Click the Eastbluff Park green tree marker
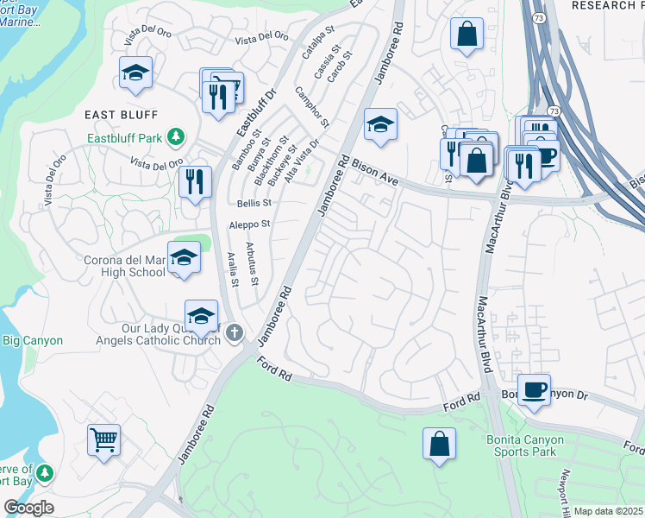click(x=176, y=136)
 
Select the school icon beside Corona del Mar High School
click(x=184, y=258)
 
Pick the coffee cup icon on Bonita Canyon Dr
click(x=535, y=389)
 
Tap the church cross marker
click(x=232, y=333)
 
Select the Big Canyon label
click(x=33, y=340)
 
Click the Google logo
click(x=29, y=508)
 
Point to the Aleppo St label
click(x=249, y=224)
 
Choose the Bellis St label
click(x=254, y=203)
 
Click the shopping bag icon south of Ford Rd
click(x=438, y=443)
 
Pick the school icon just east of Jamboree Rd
click(x=379, y=125)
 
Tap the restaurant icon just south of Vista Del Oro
click(x=194, y=182)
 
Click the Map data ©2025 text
click(x=607, y=511)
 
